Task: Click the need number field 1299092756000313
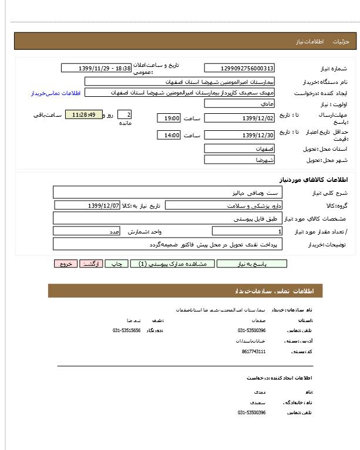239,69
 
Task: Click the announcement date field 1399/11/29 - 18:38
96,68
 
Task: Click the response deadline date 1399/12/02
239,118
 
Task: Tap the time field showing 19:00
169,118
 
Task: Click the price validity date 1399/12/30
239,136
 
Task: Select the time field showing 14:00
169,136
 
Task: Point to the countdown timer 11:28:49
84,114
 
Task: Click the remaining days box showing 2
125,114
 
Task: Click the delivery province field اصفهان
239,149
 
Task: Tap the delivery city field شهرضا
239,160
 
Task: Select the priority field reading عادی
239,103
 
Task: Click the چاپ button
116,264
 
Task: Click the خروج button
65,264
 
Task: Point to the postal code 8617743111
253,351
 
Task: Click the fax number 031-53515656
126,330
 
